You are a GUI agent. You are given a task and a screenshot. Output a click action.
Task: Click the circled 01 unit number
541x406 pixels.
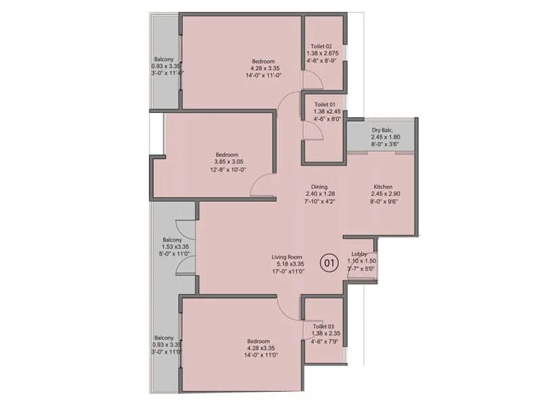coord(329,263)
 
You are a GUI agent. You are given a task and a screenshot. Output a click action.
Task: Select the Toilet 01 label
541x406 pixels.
coord(323,105)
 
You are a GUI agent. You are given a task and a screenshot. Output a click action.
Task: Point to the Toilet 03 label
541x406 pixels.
coord(323,326)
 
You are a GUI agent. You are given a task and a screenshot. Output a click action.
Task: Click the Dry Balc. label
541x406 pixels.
coord(382,130)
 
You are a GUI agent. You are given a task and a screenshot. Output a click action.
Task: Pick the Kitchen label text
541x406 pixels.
coord(383,187)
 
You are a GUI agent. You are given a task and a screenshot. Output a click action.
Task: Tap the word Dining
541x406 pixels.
coord(319,187)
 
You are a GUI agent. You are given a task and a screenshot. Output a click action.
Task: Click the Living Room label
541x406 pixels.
coord(287,257)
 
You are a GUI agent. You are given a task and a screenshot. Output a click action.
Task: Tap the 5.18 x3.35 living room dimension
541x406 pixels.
coord(287,265)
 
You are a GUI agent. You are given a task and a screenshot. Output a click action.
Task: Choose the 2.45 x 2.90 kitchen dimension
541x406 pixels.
coord(383,194)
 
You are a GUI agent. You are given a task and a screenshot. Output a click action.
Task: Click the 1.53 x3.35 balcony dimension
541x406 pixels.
coord(172,248)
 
